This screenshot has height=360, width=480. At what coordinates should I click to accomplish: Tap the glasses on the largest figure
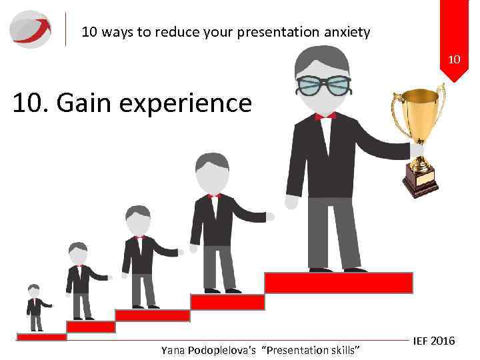(x=324, y=84)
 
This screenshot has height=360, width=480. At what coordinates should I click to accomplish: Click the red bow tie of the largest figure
(x=325, y=115)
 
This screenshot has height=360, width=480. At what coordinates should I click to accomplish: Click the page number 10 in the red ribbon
(x=454, y=60)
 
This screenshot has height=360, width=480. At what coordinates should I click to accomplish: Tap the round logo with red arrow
(x=31, y=29)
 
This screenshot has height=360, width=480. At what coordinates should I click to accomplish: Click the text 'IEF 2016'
(x=433, y=341)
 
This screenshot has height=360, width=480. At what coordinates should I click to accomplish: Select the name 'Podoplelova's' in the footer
(x=227, y=350)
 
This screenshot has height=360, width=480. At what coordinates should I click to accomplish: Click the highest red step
(x=338, y=283)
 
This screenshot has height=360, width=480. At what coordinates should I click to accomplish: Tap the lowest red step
(x=41, y=337)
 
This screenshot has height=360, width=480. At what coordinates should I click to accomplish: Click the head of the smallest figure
(x=33, y=291)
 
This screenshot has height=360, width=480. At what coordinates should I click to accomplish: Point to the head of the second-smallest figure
(x=77, y=251)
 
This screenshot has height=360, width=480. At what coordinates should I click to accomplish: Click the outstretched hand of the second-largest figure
(x=270, y=217)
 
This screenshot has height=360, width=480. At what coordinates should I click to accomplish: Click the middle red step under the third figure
(x=152, y=315)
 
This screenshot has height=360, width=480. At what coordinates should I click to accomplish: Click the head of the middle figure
(x=138, y=217)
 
